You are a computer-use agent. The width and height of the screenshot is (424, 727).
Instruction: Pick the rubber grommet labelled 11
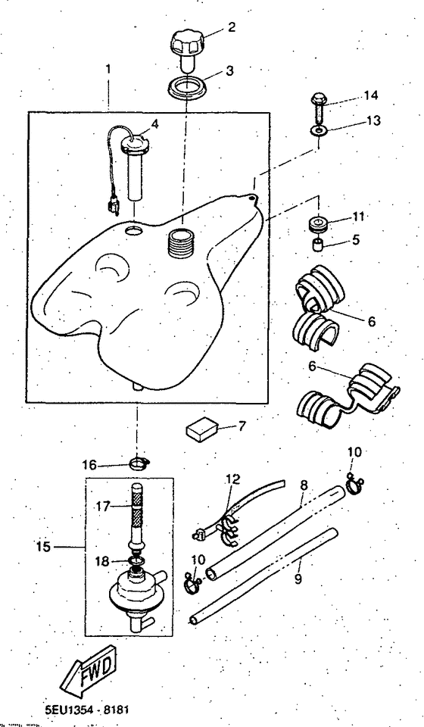tap(316, 224)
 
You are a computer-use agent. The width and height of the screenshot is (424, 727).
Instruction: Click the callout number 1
tap(108, 68)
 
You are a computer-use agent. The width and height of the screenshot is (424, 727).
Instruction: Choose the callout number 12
tap(231, 479)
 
